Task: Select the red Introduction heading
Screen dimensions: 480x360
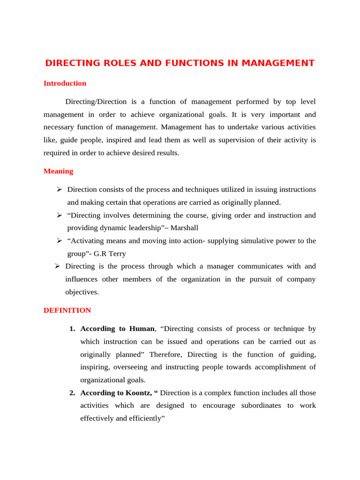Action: click(x=65, y=83)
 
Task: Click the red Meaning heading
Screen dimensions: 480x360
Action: click(x=58, y=171)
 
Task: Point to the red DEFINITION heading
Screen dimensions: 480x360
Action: click(x=67, y=310)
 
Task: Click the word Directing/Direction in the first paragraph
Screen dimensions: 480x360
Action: click(x=96, y=102)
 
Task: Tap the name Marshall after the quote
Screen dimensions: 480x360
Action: click(x=184, y=228)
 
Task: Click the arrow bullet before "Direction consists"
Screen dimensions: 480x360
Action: click(x=59, y=189)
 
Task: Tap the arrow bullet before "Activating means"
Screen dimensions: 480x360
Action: click(x=59, y=241)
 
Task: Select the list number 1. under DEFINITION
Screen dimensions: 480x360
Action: click(x=72, y=329)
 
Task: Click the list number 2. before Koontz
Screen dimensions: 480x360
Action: click(x=72, y=393)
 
